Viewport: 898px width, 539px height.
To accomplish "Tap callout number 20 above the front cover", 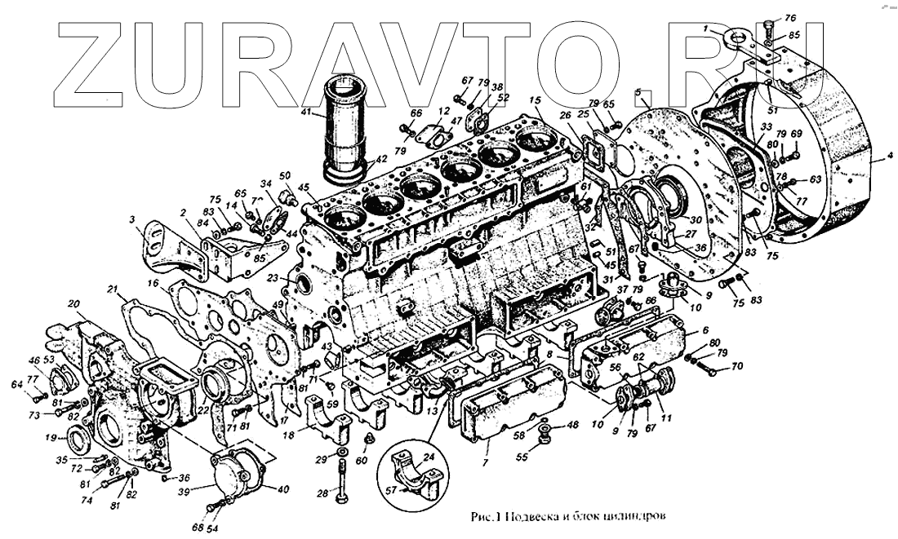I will pos(73,304).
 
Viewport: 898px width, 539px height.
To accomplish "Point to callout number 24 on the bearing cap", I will pos(429,457).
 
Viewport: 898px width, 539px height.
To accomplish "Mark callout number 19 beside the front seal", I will pos(51,438).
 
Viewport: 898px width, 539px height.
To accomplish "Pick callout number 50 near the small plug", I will pos(285,176).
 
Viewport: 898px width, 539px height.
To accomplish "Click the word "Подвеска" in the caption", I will pos(539,516).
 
